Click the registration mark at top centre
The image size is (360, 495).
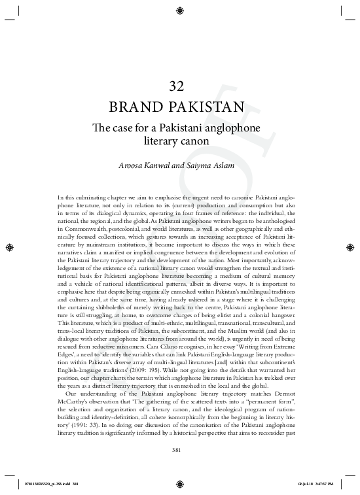[179, 10]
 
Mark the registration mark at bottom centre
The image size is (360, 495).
[179, 484]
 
